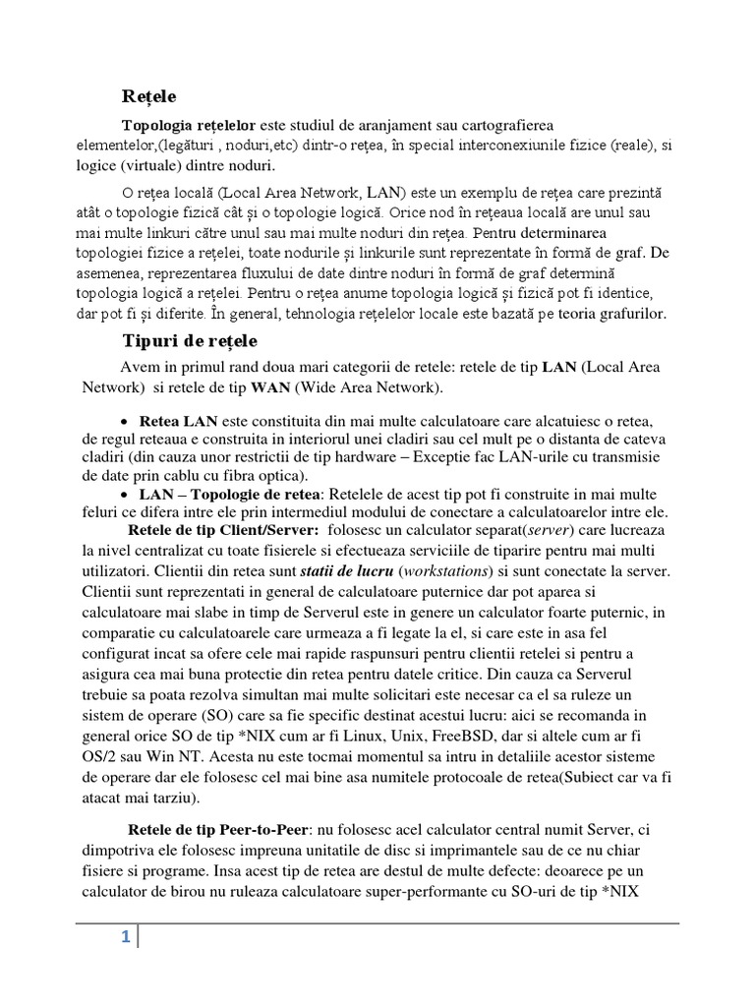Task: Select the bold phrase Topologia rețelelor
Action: [x=188, y=127]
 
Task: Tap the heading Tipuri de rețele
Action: [x=189, y=340]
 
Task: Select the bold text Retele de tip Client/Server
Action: [x=223, y=530]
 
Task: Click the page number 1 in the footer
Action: [x=125, y=938]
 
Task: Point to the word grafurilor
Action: [x=627, y=314]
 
